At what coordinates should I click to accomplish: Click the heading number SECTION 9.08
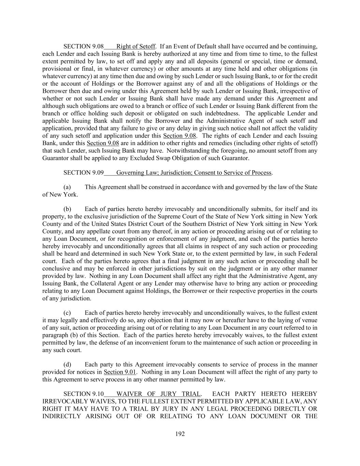[x=83, y=46]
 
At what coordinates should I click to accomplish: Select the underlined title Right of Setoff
[x=136, y=46]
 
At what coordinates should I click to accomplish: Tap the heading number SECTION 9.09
[x=83, y=173]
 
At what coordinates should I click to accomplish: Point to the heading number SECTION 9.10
[x=83, y=394]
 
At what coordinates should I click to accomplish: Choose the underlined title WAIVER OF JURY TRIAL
[x=159, y=394]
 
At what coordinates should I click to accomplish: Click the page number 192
[x=180, y=434]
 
